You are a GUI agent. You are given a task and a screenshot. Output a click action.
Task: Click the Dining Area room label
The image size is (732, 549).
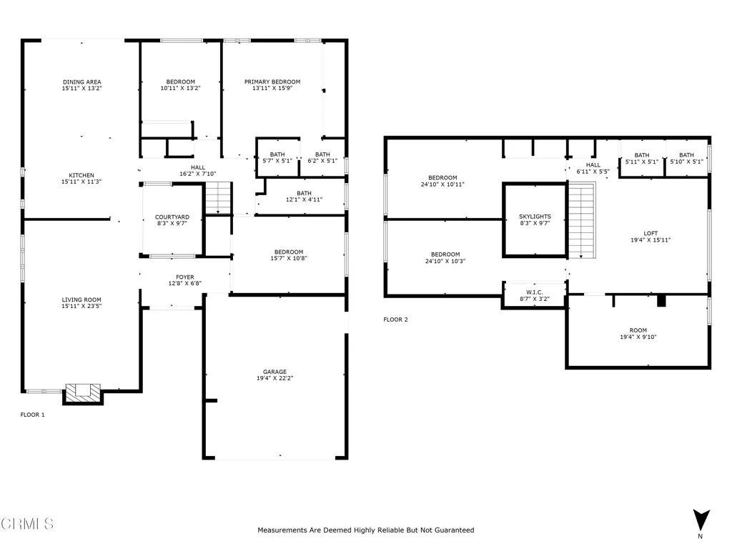81,81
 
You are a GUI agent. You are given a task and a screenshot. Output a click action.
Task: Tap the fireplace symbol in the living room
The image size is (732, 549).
83,394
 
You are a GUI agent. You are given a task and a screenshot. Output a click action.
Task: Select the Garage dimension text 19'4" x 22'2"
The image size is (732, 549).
275,378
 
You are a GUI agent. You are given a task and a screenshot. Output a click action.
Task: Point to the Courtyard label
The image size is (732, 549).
172,217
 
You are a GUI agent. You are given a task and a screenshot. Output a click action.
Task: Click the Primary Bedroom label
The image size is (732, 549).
272,81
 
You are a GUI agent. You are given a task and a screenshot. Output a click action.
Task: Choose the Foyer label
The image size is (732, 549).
185,277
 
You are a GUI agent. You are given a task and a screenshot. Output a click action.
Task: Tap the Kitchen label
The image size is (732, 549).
81,175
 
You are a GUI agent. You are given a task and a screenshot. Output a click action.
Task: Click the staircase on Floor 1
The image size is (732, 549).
219,198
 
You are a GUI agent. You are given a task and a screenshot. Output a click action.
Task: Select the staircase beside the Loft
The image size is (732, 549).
581,220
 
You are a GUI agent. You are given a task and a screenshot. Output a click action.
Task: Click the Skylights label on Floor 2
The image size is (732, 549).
535,217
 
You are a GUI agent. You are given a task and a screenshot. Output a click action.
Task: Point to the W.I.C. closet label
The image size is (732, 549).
535,292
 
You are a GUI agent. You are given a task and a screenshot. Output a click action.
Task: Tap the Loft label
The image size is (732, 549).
651,233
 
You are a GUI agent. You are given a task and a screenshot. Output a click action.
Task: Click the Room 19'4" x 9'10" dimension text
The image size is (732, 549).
638,337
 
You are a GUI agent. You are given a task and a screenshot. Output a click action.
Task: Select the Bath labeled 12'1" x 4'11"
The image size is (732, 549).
304,196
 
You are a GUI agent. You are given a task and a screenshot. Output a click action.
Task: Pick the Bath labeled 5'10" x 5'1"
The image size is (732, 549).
686,158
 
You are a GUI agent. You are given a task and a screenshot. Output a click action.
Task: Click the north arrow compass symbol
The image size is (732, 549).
701,521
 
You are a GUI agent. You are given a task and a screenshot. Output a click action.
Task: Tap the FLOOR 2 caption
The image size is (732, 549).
396,320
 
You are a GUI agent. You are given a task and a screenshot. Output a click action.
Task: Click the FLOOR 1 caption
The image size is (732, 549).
33,415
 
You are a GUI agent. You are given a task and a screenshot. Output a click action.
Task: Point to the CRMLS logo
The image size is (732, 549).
27,523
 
